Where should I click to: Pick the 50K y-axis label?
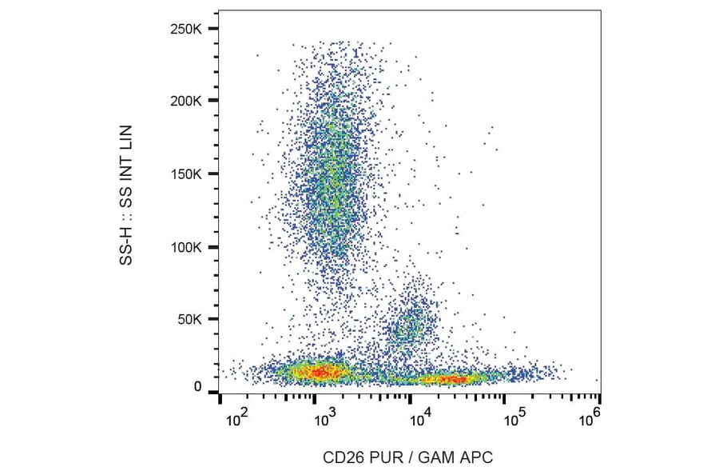pyautogui.click(x=193, y=320)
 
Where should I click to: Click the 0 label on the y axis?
pyautogui.click(x=198, y=387)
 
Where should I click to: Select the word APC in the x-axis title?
pyautogui.click(x=478, y=457)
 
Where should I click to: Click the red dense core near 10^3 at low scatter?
pyautogui.click(x=320, y=372)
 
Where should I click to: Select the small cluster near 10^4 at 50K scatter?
pyautogui.click(x=411, y=324)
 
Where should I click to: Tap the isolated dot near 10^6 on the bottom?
pyautogui.click(x=597, y=381)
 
